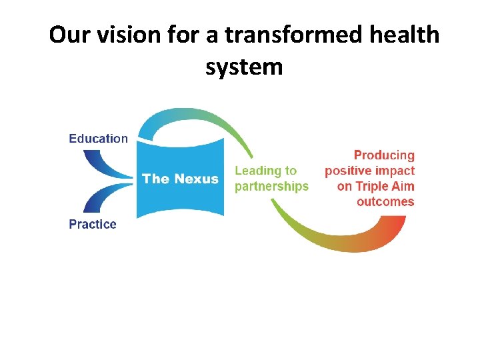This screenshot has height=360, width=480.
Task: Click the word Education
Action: [x=98, y=139]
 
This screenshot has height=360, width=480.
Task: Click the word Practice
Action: [x=93, y=225]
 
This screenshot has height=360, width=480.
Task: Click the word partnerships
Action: [x=271, y=187]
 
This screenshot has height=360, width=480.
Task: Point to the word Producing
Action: [x=384, y=155]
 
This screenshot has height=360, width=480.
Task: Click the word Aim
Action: [x=403, y=186]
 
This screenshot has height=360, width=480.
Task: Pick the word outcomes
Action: [x=385, y=201]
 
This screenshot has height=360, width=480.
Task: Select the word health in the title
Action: [x=406, y=35]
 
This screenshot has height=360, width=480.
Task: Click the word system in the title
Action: [x=244, y=67]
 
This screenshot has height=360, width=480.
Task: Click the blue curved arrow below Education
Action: [x=100, y=163]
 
